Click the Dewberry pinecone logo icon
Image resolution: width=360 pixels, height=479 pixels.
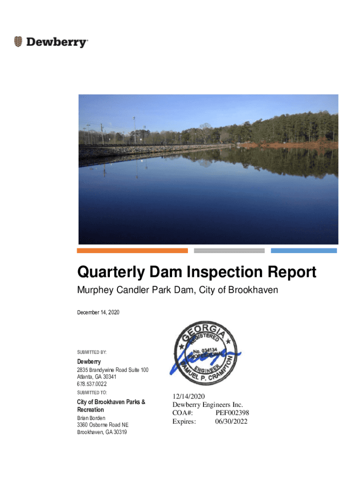coord(18,42)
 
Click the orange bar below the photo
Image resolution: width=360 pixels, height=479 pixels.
coord(132,251)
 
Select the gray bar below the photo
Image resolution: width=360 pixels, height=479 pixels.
coord(229,251)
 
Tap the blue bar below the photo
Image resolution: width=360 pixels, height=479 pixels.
coord(304,251)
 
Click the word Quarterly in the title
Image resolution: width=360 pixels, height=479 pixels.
coord(107,272)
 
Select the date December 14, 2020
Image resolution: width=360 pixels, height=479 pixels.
coord(98,312)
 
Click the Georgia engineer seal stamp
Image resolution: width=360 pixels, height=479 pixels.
coord(206,354)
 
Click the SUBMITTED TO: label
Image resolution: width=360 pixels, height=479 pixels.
coord(92,392)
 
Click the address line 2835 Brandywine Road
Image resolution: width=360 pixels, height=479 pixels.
coord(113,370)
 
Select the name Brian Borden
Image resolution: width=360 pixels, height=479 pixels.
coord(91,418)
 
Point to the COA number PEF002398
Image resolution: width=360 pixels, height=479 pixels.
coord(232,413)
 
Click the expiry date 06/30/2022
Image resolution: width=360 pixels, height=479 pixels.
coord(231,421)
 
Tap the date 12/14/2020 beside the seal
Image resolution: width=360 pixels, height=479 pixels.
coord(188,397)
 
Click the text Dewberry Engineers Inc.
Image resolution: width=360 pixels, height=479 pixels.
coord(208,405)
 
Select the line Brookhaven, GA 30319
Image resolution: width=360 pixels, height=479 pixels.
coord(102,432)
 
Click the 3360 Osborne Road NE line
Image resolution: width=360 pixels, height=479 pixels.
coord(102,425)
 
